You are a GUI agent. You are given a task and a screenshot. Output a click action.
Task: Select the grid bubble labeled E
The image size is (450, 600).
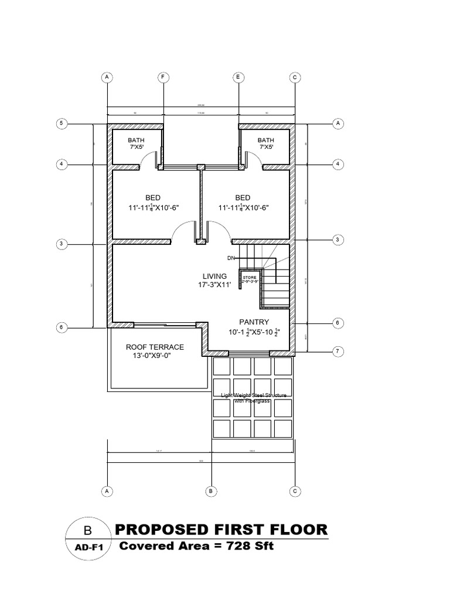(x=238, y=77)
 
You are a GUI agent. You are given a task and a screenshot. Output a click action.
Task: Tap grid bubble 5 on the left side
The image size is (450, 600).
(x=60, y=123)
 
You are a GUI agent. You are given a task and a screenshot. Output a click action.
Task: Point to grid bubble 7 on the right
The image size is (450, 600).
(x=337, y=352)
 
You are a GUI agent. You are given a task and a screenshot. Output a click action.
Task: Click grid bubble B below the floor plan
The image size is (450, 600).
(x=211, y=490)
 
